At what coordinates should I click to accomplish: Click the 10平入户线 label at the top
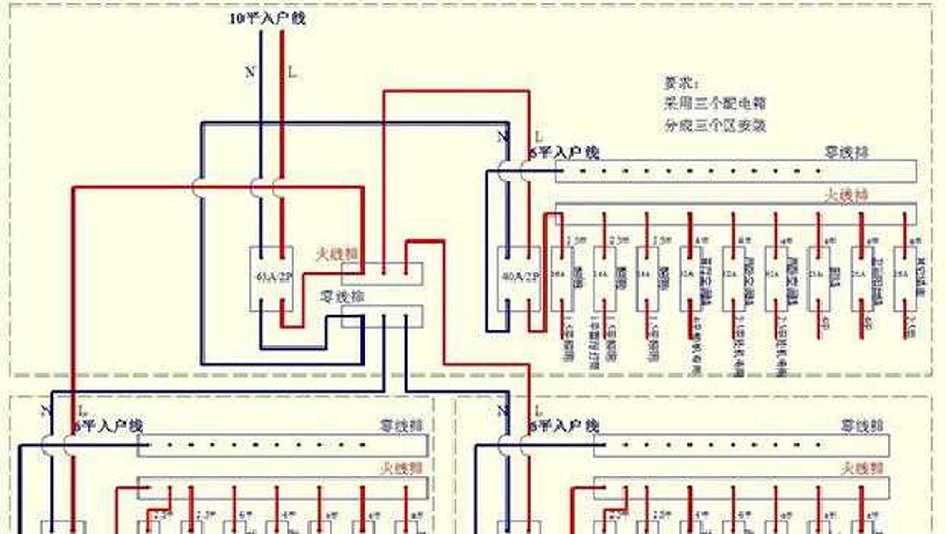267,18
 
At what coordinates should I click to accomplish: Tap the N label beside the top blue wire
249,73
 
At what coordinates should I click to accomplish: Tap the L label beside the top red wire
293,73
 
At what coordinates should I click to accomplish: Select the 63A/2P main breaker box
272,278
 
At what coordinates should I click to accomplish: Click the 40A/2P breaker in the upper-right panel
519,278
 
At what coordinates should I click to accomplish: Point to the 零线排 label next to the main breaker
342,297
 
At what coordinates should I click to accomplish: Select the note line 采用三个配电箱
715,103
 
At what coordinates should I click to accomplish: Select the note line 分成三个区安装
715,125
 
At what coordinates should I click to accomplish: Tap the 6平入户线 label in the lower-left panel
108,426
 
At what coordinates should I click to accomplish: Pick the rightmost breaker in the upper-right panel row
904,278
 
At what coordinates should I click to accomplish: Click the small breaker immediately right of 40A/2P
561,278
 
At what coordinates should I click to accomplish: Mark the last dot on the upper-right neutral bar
818,171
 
